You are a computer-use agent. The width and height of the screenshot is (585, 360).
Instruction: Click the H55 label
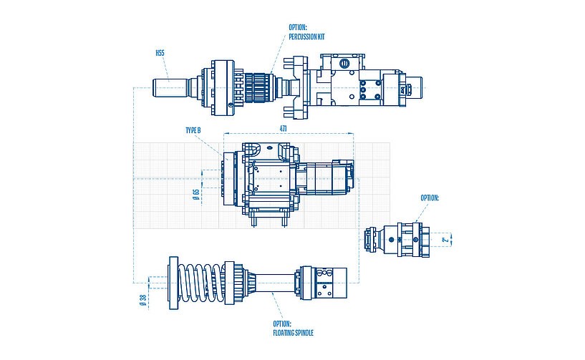click(x=160, y=53)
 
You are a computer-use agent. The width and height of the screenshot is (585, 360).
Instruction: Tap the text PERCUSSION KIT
click(x=306, y=37)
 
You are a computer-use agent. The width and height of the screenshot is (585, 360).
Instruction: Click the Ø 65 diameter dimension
click(x=195, y=194)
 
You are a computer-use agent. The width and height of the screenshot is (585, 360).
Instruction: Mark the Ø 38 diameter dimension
click(x=142, y=301)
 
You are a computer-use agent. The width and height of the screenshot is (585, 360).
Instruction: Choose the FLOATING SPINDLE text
click(x=294, y=333)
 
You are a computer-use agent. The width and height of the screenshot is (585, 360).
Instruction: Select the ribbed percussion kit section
click(x=258, y=89)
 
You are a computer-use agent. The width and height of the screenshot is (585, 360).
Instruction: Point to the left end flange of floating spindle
click(x=172, y=283)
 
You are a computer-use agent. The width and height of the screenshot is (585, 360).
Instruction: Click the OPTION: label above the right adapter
click(x=429, y=198)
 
